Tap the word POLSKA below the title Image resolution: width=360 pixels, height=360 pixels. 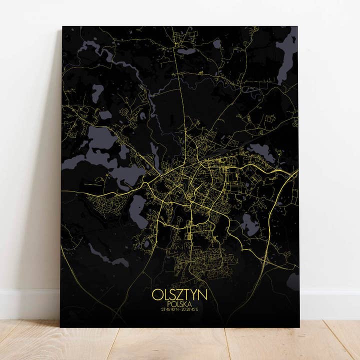pyautogui.click(x=179, y=304)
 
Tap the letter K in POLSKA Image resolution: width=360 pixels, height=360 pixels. pyautogui.click(x=186, y=304)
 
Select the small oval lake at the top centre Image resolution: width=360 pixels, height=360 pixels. pyautogui.click(x=185, y=51)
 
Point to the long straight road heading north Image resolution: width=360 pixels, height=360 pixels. pyautogui.click(x=185, y=100)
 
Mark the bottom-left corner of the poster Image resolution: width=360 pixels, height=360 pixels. pyautogui.click(x=61, y=326)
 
